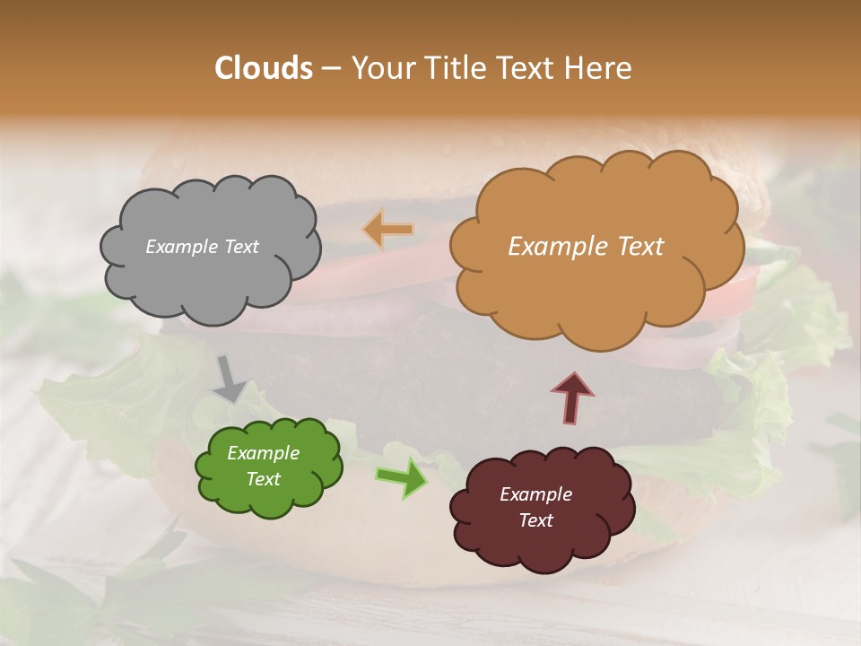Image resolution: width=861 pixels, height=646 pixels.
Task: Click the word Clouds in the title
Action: click(264, 68)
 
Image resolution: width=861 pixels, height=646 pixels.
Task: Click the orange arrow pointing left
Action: click(388, 230)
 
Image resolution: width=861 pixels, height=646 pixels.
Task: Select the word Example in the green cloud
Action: click(264, 453)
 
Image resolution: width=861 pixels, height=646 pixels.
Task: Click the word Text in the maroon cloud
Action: click(535, 520)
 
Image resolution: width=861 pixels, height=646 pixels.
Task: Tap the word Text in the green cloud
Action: click(264, 479)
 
